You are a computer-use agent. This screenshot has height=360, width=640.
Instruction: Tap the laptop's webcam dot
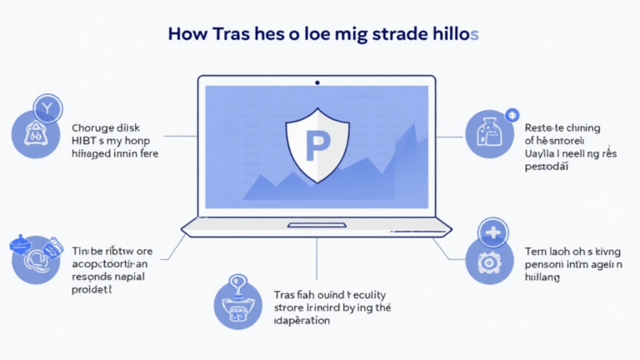(317, 82)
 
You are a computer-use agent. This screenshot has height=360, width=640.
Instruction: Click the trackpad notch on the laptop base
(317, 225)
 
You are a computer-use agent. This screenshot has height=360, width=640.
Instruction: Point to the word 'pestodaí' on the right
(548, 167)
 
